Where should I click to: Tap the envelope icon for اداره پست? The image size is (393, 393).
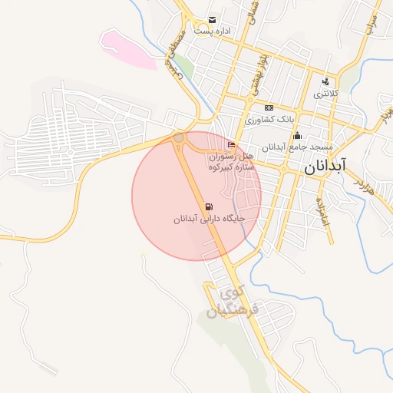coord(212,20)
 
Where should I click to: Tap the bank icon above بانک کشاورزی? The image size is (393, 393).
coord(268,108)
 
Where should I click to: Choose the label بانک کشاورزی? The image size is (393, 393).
coord(269,121)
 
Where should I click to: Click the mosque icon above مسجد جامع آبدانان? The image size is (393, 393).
coord(297,136)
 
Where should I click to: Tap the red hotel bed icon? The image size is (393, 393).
coord(232,144)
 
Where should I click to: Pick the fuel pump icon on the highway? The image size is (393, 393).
coord(209,206)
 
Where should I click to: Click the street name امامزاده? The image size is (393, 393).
coord(323,210)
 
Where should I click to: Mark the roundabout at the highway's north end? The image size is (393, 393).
coord(179,137)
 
